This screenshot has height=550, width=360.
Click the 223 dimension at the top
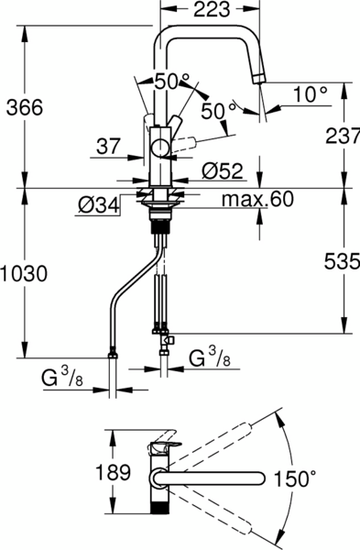pyautogui.click(x=212, y=9)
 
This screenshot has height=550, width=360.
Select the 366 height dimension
pyautogui.click(x=25, y=107)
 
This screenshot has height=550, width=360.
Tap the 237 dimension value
pyautogui.click(x=343, y=136)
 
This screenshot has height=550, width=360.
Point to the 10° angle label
pyautogui.click(x=311, y=94)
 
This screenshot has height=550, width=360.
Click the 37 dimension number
pyautogui.click(x=108, y=146)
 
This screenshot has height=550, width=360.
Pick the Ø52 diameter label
pyautogui.click(x=223, y=171)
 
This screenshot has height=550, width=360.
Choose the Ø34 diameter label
pyautogui.click(x=99, y=206)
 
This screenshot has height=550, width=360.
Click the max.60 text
pyautogui.click(x=257, y=199)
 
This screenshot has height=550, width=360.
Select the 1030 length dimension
pyautogui.click(x=24, y=274)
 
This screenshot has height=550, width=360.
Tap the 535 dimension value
pyautogui.click(x=342, y=261)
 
